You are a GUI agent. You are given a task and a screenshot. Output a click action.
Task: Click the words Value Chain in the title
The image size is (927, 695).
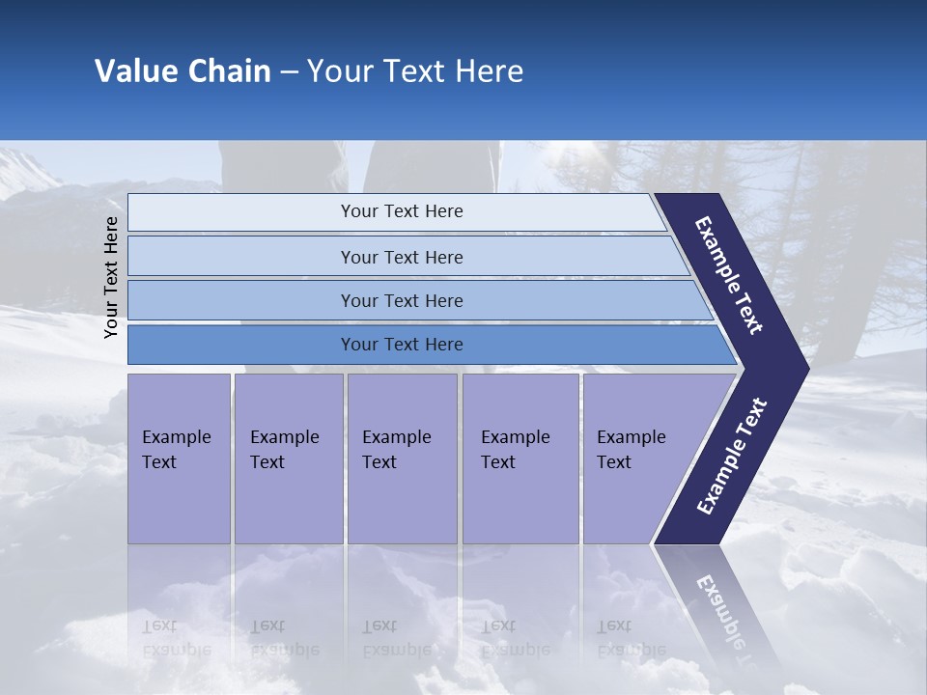pyautogui.click(x=183, y=71)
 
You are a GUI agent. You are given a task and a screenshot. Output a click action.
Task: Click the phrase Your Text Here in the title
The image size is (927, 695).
pyautogui.click(x=415, y=71)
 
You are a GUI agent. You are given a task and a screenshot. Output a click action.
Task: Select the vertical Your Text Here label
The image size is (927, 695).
pyautogui.click(x=111, y=277)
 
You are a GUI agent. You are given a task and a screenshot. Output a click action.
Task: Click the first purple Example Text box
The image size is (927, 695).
pyautogui.click(x=179, y=458)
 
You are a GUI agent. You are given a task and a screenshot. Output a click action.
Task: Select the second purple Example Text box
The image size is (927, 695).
pyautogui.click(x=288, y=458)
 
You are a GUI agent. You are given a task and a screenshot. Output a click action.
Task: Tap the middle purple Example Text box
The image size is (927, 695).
pyautogui.click(x=402, y=458)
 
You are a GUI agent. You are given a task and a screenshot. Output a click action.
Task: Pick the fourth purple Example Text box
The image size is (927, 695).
pyautogui.click(x=520, y=458)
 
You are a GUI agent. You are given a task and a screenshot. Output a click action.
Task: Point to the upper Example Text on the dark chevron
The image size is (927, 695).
pyautogui.click(x=729, y=275)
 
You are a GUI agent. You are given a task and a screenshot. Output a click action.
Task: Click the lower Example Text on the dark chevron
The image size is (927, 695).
pyautogui.click(x=731, y=457)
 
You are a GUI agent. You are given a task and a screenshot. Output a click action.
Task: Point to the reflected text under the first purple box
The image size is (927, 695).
pyautogui.click(x=176, y=638)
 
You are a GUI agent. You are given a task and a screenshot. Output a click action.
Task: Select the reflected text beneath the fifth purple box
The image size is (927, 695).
pyautogui.click(x=630, y=638)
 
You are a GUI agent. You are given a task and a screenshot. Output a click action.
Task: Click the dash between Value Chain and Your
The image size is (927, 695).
pyautogui.click(x=289, y=72)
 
